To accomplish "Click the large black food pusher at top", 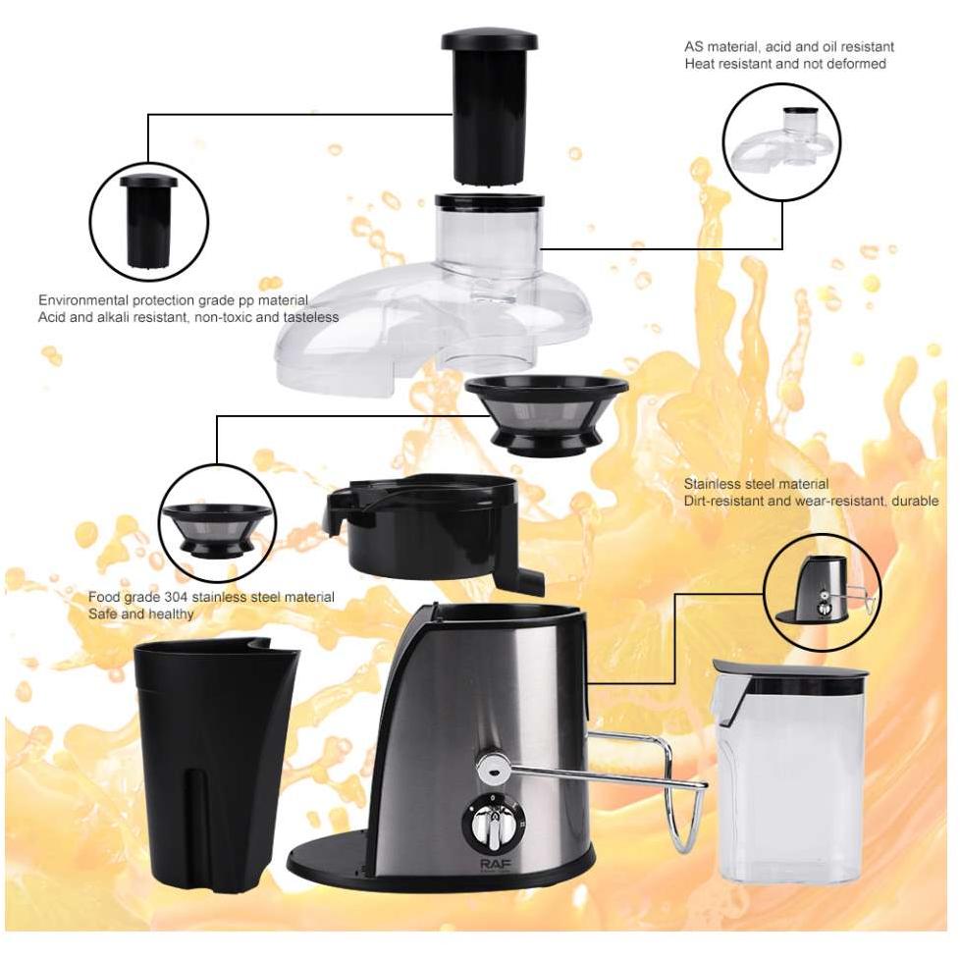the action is (x=489, y=108).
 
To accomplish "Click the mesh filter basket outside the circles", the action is (x=546, y=416).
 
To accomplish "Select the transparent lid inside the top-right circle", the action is (x=782, y=139).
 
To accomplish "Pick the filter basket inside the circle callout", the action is (x=217, y=530).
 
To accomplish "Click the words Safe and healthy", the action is (x=140, y=614).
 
